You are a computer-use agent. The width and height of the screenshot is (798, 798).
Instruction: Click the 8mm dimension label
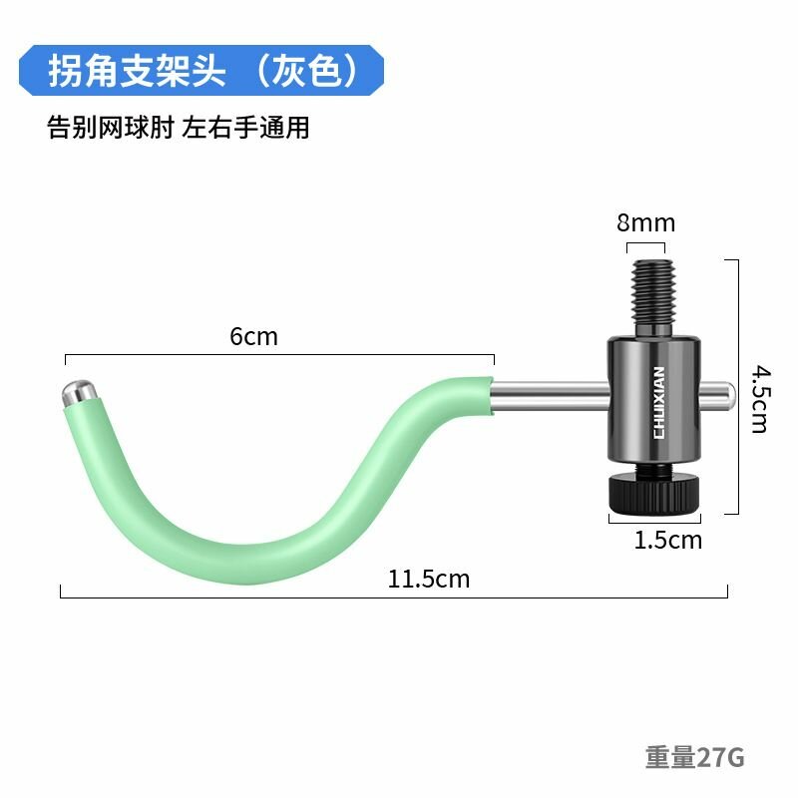(645, 222)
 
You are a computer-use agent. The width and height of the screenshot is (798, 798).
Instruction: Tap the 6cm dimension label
(253, 336)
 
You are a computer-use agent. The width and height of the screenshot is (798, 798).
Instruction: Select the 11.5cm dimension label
(429, 580)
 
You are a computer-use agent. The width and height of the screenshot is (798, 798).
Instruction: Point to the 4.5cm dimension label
(761, 399)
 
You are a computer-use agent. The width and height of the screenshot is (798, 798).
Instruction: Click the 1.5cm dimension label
(667, 540)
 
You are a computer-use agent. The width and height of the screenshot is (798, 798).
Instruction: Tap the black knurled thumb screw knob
(654, 492)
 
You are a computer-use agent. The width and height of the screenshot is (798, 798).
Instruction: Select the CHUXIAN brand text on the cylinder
(658, 402)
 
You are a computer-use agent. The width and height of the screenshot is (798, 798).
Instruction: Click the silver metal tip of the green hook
(79, 392)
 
